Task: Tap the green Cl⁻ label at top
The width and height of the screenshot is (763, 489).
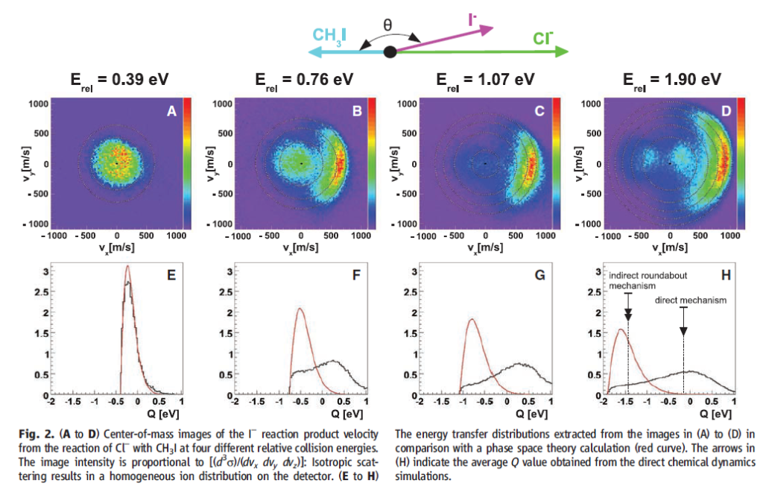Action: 542,38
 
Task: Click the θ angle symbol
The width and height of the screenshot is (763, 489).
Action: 387,25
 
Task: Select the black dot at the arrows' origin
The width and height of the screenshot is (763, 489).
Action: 389,51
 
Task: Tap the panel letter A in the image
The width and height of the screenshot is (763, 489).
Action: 171,112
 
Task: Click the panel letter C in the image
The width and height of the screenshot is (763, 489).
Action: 539,112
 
